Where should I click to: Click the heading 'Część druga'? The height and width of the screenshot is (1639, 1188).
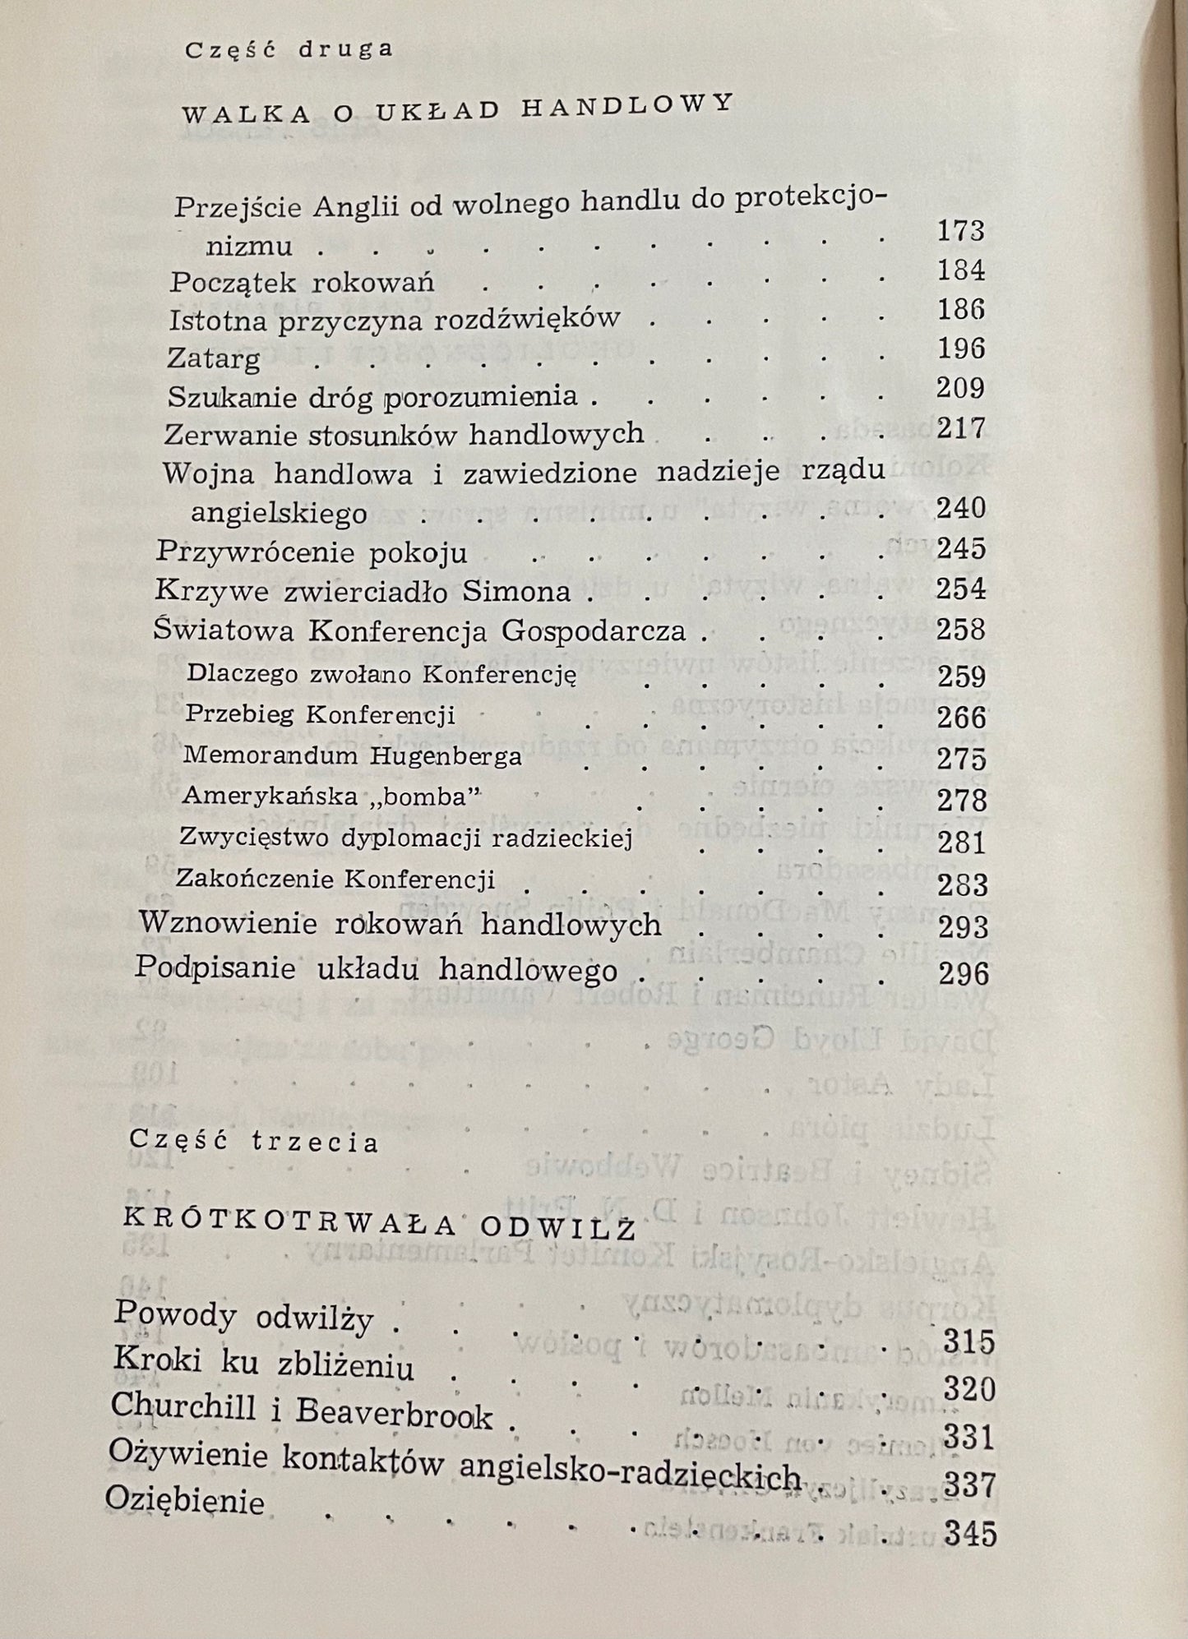289,49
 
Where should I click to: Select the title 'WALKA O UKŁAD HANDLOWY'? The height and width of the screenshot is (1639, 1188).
456,108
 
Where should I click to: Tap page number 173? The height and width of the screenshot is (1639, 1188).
961,231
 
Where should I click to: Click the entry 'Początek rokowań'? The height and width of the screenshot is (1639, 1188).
302,283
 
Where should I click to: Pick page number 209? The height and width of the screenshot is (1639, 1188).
960,388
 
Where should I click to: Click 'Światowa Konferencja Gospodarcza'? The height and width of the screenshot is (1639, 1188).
419,631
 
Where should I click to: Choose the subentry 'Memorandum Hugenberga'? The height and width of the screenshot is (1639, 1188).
352,755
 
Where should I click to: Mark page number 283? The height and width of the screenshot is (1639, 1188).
961,885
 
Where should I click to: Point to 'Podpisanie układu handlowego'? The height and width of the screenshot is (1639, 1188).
376,970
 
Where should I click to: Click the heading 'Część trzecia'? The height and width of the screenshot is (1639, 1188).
254,1143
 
